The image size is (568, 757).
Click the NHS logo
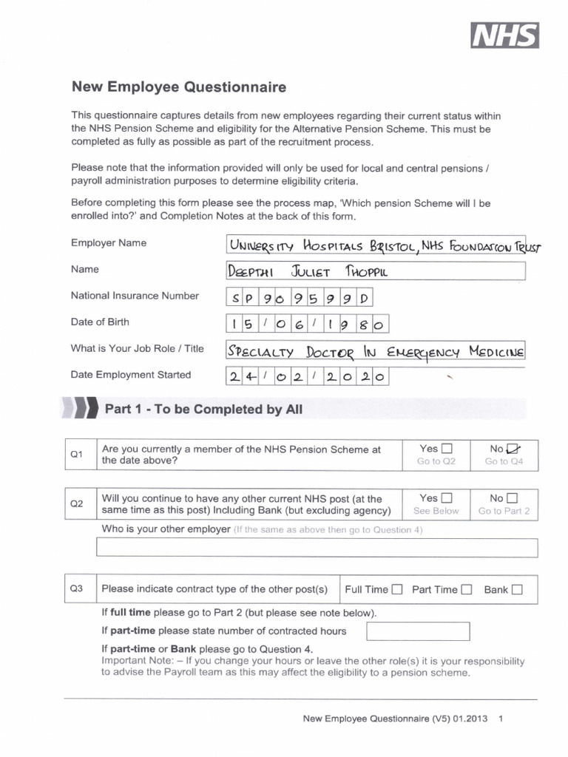click(505, 35)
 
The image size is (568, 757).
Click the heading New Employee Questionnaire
click(178, 87)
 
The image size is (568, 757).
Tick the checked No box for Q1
click(513, 449)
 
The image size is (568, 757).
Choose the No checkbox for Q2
click(513, 498)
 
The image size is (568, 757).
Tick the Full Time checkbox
click(397, 590)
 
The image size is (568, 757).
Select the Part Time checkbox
click(466, 590)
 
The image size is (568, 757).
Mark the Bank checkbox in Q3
click(516, 590)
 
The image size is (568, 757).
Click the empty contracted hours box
click(418, 631)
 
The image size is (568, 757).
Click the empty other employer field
click(317, 548)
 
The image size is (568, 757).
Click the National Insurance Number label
click(135, 296)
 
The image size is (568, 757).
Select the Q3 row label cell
click(77, 589)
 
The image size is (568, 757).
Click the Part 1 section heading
click(203, 409)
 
